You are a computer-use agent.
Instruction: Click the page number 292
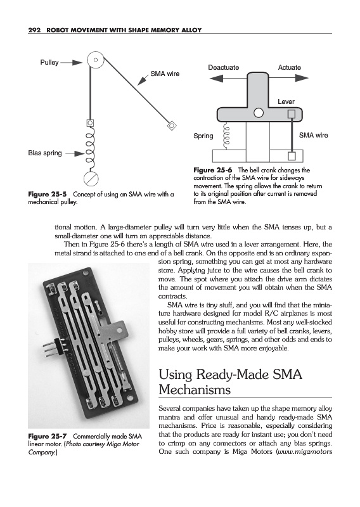pyautogui.click(x=34, y=30)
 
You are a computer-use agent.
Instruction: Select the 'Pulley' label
pyautogui.click(x=49, y=62)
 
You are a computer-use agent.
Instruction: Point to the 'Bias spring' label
pyautogui.click(x=45, y=153)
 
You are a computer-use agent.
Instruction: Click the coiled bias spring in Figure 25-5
pyautogui.click(x=89, y=148)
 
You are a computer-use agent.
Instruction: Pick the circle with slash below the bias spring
pyautogui.click(x=91, y=179)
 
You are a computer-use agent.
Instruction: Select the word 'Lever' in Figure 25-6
pyautogui.click(x=286, y=101)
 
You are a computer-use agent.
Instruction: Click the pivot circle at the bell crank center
pyautogui.click(x=259, y=113)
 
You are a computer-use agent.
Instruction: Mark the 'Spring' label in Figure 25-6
pyautogui.click(x=203, y=136)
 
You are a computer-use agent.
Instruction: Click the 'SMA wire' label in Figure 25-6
pyautogui.click(x=314, y=135)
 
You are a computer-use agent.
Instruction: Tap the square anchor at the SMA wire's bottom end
pyautogui.click(x=292, y=156)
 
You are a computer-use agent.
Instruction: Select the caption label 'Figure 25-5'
pyautogui.click(x=48, y=195)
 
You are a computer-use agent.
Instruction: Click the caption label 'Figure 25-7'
pyautogui.click(x=48, y=436)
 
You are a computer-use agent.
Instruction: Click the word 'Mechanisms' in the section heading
pyautogui.click(x=195, y=389)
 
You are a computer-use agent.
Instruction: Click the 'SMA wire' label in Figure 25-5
pyautogui.click(x=165, y=74)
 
